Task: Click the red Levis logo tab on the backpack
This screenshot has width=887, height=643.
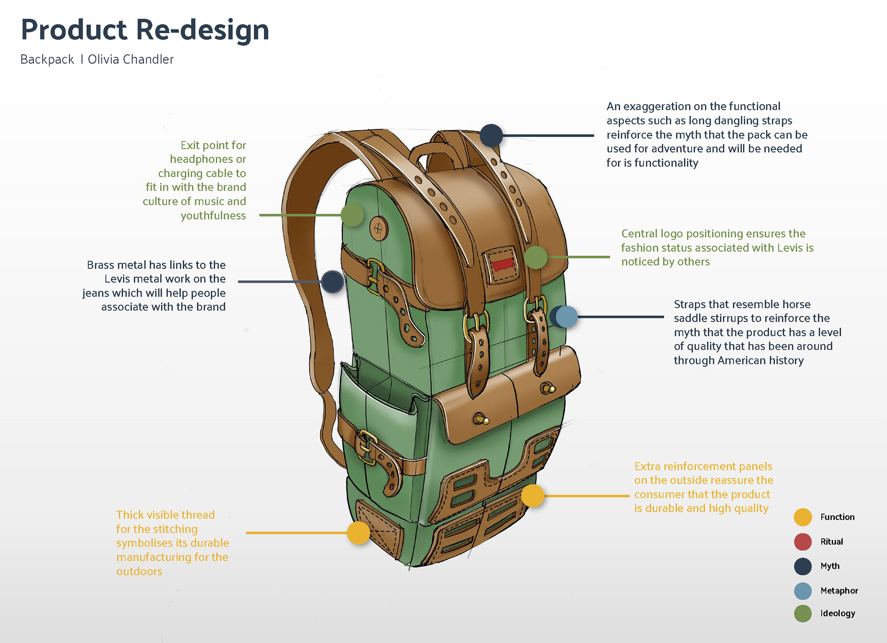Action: pyautogui.click(x=501, y=265)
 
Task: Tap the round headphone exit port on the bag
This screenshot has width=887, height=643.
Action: pyautogui.click(x=378, y=228)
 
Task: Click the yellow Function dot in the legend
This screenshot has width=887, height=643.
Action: pyautogui.click(x=802, y=517)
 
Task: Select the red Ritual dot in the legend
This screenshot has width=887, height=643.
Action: pyautogui.click(x=802, y=542)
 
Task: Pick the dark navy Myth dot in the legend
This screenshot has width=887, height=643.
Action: pyautogui.click(x=802, y=566)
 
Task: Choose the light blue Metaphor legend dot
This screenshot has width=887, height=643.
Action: pyautogui.click(x=802, y=591)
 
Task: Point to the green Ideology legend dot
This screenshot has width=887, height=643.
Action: pyautogui.click(x=802, y=613)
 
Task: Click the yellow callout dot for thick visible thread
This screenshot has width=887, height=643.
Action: pyautogui.click(x=358, y=533)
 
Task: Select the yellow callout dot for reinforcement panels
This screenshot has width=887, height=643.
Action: pyautogui.click(x=533, y=496)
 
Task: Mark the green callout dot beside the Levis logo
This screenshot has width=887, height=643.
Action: pyautogui.click(x=535, y=257)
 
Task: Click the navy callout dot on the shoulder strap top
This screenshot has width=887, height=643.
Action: pyautogui.click(x=491, y=135)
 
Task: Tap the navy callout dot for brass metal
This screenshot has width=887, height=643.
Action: pyautogui.click(x=332, y=282)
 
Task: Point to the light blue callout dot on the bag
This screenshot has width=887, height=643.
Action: pyautogui.click(x=567, y=317)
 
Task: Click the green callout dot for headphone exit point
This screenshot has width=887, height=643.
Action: pyautogui.click(x=352, y=215)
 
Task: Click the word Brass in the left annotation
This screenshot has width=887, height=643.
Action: pyautogui.click(x=101, y=265)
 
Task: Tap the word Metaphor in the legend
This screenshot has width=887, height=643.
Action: pyautogui.click(x=839, y=591)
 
